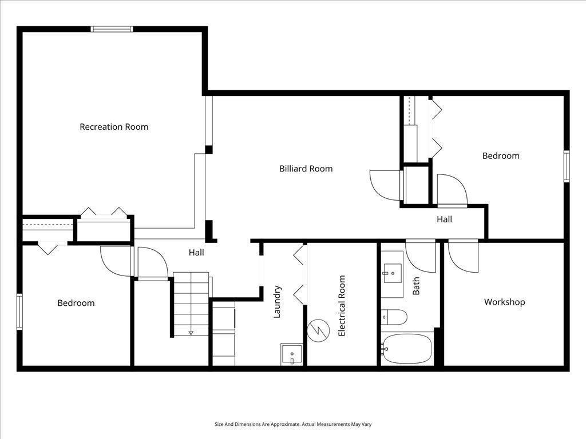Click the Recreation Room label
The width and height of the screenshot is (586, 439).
point(114,127)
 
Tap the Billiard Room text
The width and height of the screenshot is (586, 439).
point(306,169)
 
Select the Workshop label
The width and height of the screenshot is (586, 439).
point(504,302)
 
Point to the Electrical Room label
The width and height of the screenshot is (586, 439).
point(342,305)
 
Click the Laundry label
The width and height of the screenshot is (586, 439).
point(277,301)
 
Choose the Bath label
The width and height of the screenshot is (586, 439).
point(416,286)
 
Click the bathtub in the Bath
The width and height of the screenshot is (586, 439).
point(407,348)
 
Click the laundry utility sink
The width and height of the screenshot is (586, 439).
point(292,354)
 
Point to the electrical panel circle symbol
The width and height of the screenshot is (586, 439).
point(319,330)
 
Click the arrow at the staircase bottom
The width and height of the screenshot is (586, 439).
point(191,332)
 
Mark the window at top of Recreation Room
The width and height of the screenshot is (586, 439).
point(112,29)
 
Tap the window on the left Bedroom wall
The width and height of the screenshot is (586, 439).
point(19,312)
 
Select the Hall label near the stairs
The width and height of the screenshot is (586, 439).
point(196,252)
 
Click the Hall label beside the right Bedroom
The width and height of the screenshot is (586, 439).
point(444,219)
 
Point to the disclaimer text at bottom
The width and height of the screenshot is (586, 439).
point(293,424)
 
